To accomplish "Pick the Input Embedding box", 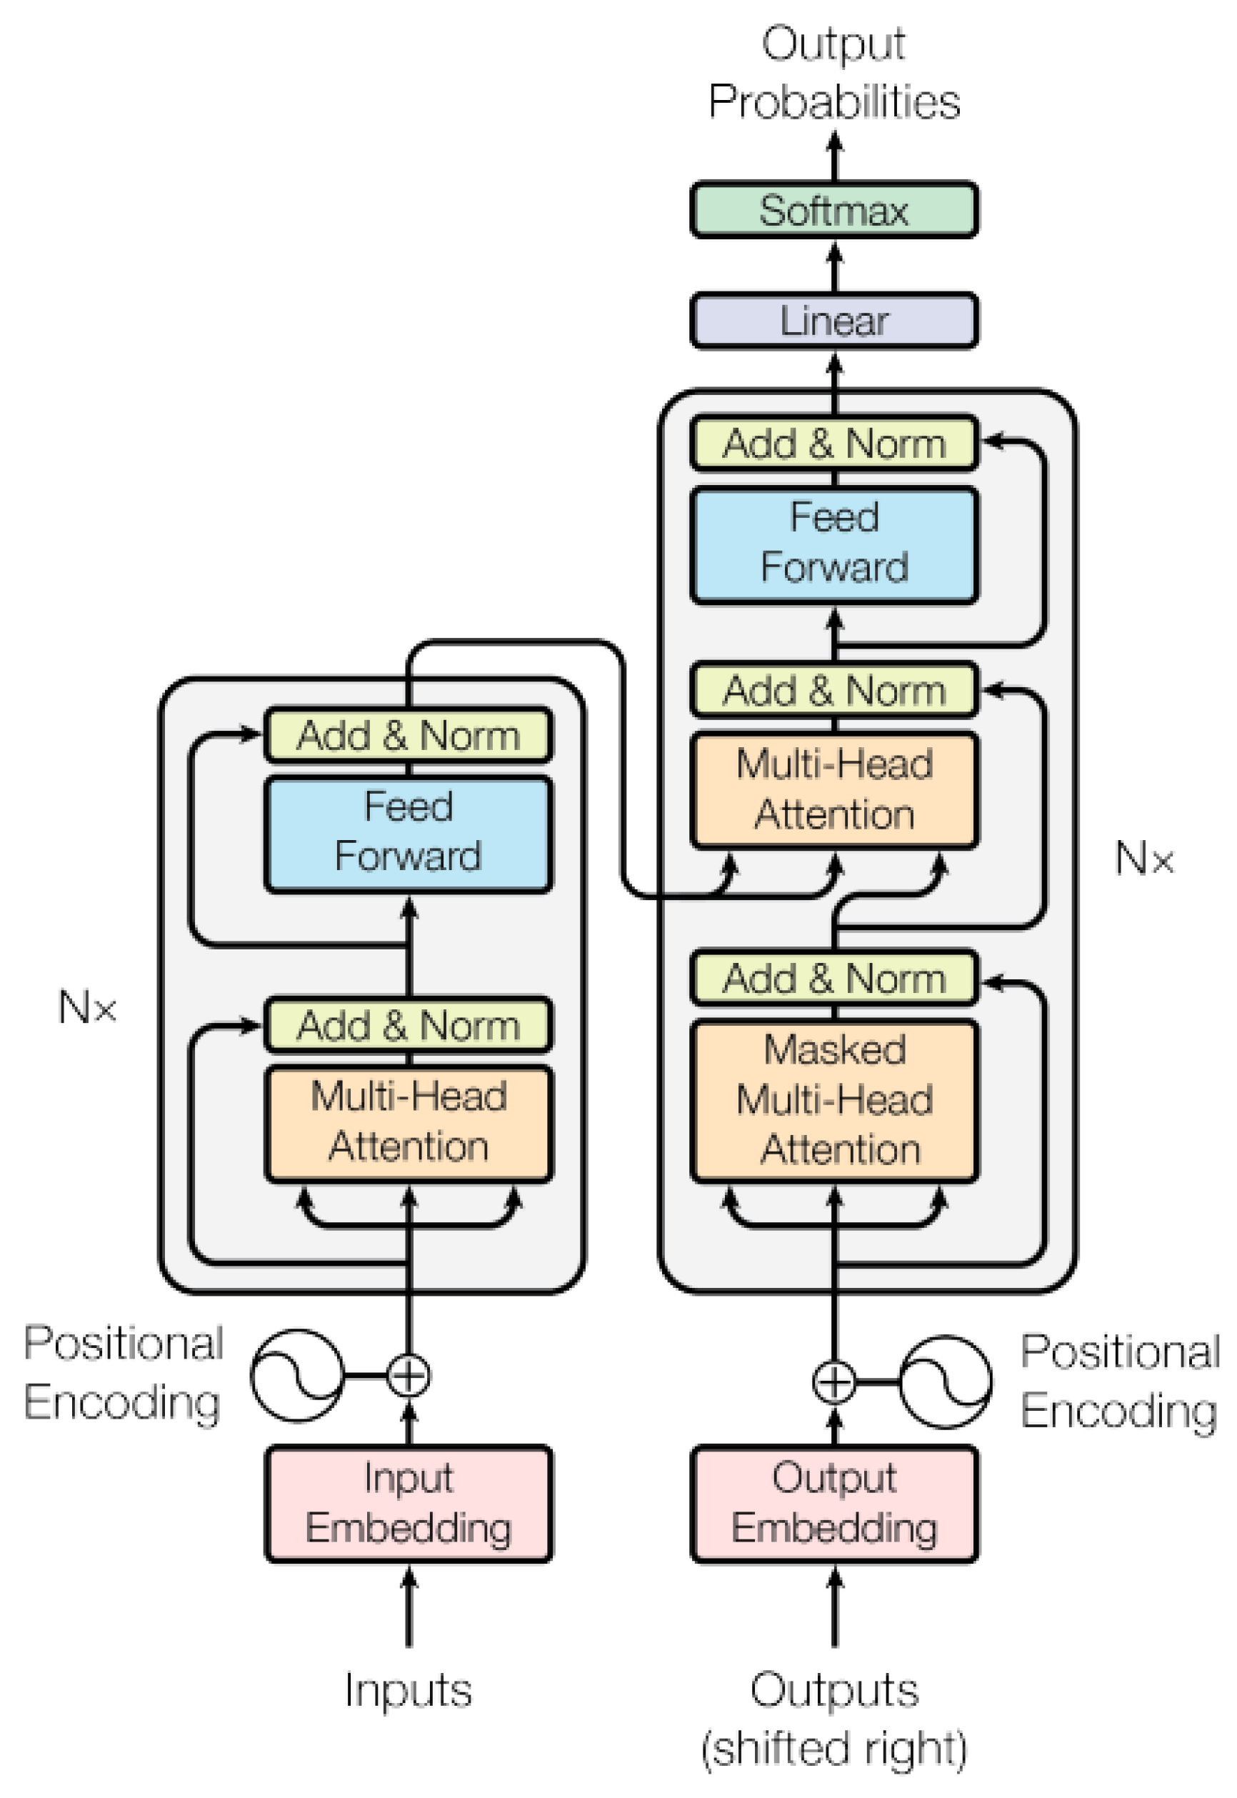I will click(409, 1503).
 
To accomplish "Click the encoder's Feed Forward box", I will click(409, 833).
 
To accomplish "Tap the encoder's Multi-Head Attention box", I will click(409, 1123).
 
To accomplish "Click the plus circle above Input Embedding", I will click(409, 1376).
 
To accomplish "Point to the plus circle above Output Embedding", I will click(834, 1382).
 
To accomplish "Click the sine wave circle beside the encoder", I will click(297, 1376).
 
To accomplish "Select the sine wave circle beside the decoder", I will click(945, 1382).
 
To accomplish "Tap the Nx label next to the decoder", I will click(1144, 859).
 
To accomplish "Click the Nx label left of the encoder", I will click(87, 1008).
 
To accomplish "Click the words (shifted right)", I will click(834, 1749).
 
